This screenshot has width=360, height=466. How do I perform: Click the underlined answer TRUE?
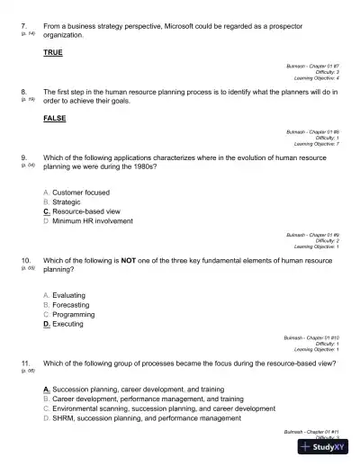(x=53, y=53)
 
